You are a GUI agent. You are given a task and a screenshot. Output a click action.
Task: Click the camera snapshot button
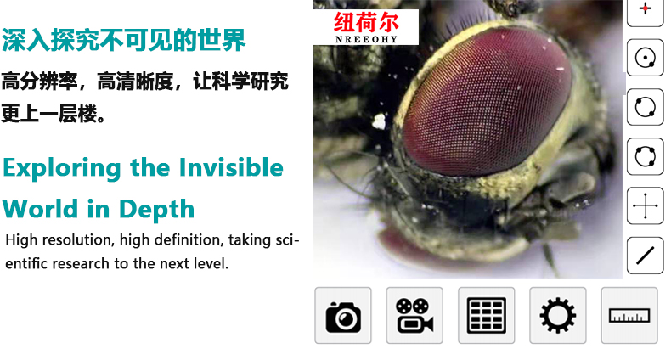pyautogui.click(x=343, y=316)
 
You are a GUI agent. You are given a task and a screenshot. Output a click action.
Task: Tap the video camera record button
pyautogui.click(x=414, y=316)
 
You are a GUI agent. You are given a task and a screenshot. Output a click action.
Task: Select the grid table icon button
pyautogui.click(x=486, y=316)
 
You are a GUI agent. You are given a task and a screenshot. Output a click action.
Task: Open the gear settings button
pyautogui.click(x=557, y=316)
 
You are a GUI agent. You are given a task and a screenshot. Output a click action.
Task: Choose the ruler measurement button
pyautogui.click(x=629, y=316)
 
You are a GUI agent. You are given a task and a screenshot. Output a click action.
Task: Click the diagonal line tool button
pyautogui.click(x=646, y=256)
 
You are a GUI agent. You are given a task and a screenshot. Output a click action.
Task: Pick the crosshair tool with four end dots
pyautogui.click(x=646, y=205)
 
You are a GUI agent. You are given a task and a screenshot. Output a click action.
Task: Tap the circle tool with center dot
pyautogui.click(x=646, y=58)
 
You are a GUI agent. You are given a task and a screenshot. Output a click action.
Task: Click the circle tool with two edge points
pyautogui.click(x=646, y=107)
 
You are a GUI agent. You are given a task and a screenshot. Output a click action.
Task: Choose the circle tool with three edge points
pyautogui.click(x=646, y=156)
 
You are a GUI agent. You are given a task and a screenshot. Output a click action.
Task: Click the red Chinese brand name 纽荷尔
pyautogui.click(x=366, y=22)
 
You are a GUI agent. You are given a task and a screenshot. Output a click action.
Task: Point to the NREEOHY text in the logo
pyautogui.click(x=366, y=39)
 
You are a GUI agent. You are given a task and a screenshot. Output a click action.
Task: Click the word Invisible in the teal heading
pyautogui.click(x=231, y=167)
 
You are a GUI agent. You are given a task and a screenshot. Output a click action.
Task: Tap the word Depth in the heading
pyautogui.click(x=156, y=210)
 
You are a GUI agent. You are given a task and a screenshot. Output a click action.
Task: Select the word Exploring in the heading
pyautogui.click(x=62, y=168)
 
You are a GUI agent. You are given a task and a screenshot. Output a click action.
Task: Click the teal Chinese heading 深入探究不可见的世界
pyautogui.click(x=124, y=40)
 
